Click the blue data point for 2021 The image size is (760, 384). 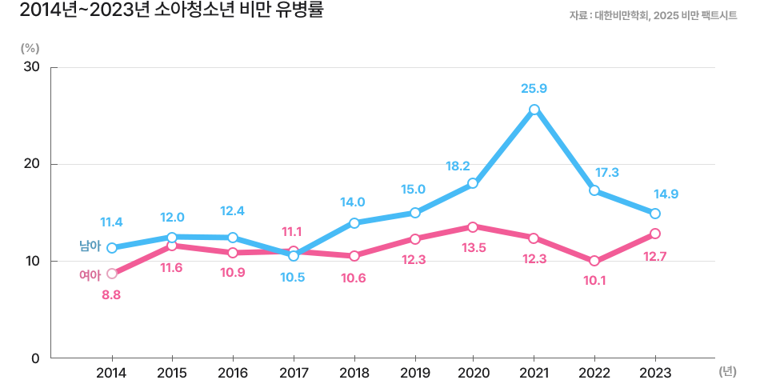click(x=534, y=110)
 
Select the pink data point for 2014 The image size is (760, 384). click(x=112, y=274)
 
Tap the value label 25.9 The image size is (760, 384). click(x=533, y=88)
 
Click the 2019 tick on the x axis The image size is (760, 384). click(x=414, y=373)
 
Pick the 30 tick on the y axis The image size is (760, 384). click(x=32, y=67)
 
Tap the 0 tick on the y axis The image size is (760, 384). click(x=35, y=358)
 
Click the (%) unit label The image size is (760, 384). click(x=30, y=46)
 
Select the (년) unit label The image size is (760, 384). click(x=726, y=371)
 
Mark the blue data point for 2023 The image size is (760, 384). click(x=655, y=214)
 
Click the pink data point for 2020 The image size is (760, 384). click(x=473, y=227)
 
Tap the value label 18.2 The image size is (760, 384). click(x=458, y=166)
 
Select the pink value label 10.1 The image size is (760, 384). click(x=594, y=280)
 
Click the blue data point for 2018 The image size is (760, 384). click(x=354, y=223)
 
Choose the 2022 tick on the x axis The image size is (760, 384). click(x=594, y=373)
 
